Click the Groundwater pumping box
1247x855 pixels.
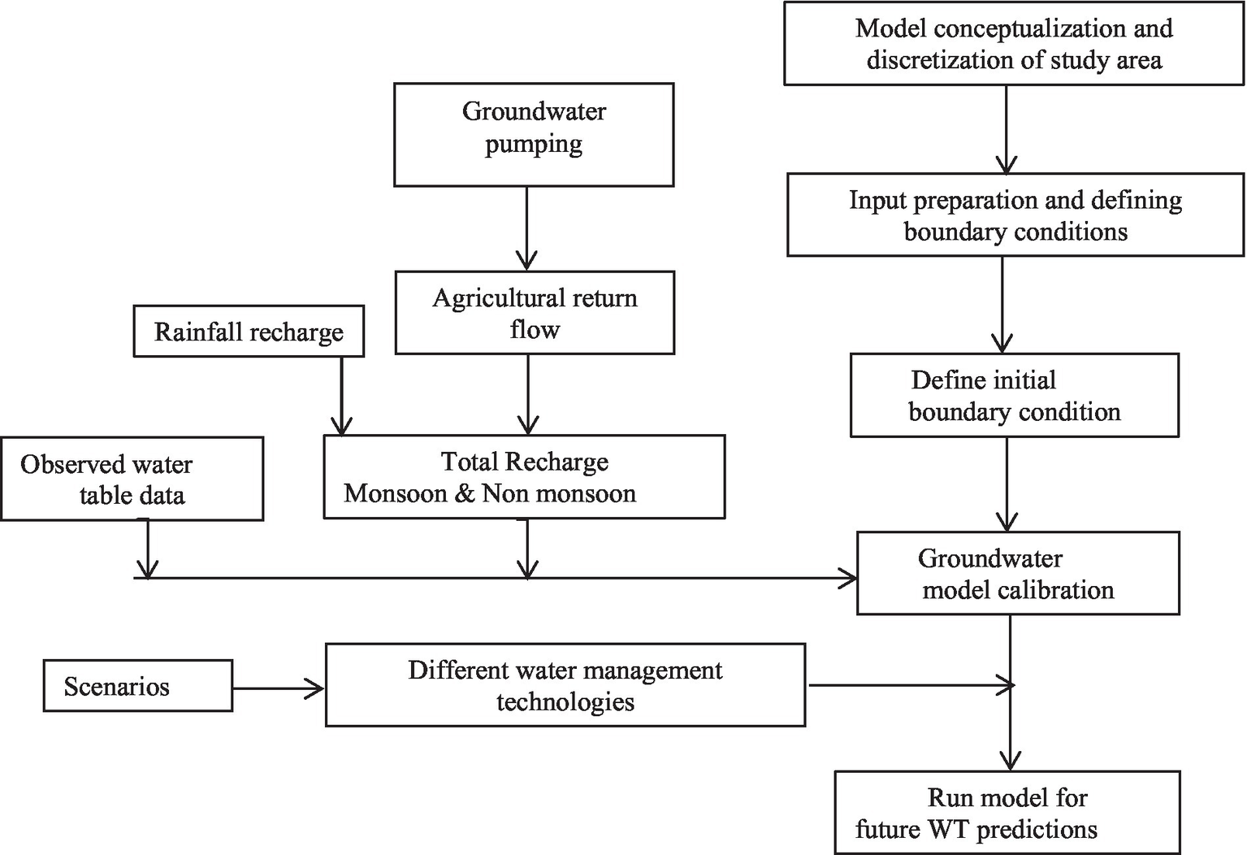coord(534,135)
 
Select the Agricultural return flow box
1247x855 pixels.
coord(535,313)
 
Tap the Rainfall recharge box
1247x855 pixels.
coord(249,332)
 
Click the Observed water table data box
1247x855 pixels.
coord(132,479)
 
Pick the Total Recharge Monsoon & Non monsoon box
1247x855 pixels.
coord(524,477)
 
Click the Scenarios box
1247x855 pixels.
coord(137,686)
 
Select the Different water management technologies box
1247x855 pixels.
coord(565,685)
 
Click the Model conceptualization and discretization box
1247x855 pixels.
coord(1013,44)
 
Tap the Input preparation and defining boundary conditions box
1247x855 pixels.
coord(1015,215)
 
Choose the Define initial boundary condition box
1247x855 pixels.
coord(1014,396)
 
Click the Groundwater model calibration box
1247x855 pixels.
coord(1018,574)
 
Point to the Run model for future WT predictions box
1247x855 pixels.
coord(1007,813)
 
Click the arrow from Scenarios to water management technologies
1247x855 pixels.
coord(278,689)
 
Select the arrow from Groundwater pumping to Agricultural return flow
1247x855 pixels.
coord(527,228)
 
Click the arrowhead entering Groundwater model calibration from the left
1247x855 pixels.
coord(848,579)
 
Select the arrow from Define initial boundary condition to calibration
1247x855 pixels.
coord(1007,484)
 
